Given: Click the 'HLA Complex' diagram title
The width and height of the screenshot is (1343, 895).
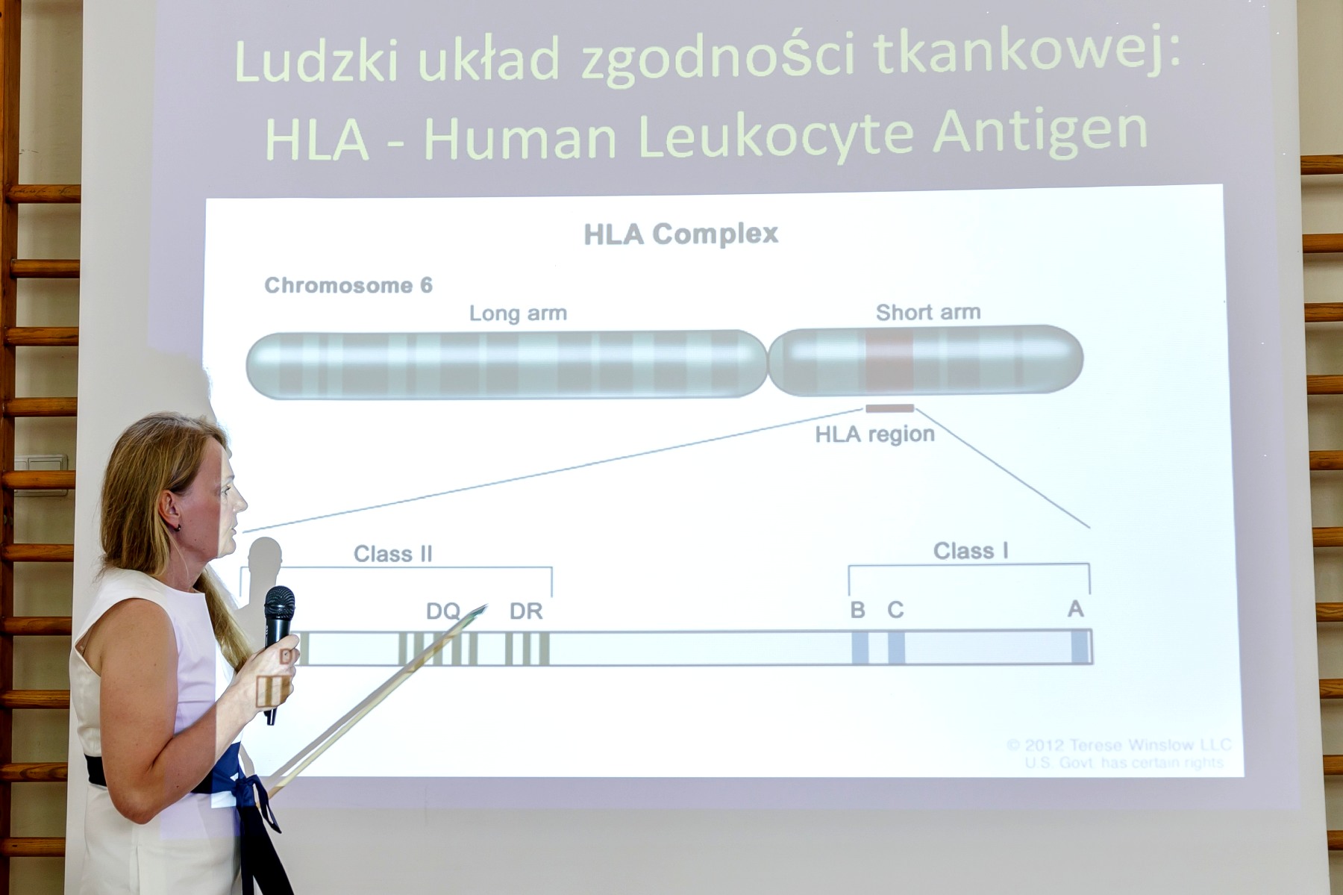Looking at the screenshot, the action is (680, 234).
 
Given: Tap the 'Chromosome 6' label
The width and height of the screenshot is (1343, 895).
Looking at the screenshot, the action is (348, 286).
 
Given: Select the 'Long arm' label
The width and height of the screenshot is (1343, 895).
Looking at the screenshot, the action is (518, 313).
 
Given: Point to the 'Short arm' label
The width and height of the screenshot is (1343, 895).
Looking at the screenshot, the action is (928, 312).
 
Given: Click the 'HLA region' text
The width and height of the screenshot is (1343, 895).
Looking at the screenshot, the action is (874, 434).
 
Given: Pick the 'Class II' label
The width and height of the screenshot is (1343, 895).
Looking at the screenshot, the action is (392, 554).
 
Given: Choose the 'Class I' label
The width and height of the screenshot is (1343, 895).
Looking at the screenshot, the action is (971, 551).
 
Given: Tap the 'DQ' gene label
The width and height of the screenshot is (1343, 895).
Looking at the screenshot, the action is (443, 611).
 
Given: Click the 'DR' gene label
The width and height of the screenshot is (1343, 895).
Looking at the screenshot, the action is (526, 611).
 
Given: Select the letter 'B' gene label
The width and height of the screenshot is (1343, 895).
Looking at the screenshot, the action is (858, 610).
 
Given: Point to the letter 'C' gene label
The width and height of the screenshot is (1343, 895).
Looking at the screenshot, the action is (895, 610).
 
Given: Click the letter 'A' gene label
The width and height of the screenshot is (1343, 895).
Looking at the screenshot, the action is (1075, 609).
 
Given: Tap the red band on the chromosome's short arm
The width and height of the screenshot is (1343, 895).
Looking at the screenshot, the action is (889, 361).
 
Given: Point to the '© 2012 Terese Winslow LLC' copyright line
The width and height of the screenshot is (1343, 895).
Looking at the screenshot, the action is (1118, 745).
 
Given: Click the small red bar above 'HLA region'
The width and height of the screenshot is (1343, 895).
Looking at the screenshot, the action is (889, 408).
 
